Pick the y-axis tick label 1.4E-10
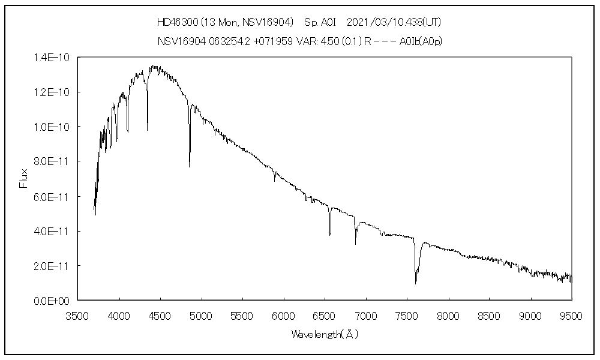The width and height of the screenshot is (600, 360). [53, 58]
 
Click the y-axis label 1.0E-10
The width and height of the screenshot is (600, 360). [53, 127]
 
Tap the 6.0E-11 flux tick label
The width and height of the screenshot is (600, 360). [53, 197]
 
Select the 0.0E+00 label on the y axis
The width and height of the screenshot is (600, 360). [53, 301]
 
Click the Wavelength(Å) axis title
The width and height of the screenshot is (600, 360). [325, 334]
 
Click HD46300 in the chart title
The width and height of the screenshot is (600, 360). [174, 22]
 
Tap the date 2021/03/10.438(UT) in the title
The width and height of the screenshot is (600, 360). [394, 22]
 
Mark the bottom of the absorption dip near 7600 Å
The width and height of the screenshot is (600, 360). [415, 283]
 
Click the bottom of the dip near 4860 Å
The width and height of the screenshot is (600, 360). [190, 166]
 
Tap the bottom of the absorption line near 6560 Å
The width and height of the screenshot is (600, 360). [330, 235]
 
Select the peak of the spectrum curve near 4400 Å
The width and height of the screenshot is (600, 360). [152, 67]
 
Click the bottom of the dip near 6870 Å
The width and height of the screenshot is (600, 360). [355, 244]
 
